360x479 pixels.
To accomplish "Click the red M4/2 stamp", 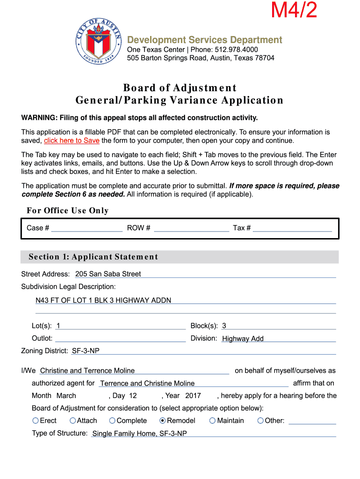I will [295, 10].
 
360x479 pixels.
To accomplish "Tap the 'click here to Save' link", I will [72, 140].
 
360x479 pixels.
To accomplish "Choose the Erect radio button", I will [36, 421].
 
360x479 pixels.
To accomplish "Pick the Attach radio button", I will [72, 421].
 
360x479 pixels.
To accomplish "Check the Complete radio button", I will [112, 421].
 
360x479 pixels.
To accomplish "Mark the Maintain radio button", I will [212, 421].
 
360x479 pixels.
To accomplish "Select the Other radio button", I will [260, 421].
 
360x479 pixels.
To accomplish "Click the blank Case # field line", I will [86, 228].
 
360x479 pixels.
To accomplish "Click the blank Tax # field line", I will [292, 228].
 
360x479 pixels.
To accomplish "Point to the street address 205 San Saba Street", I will [108, 274].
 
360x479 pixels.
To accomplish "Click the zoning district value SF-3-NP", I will [86, 351].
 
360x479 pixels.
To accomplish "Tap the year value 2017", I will [193, 396].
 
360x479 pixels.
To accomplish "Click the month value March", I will [66, 396].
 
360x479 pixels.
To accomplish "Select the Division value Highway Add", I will [243, 339].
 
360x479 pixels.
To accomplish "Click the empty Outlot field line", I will [120, 339].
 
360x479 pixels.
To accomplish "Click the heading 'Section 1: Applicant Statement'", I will [94, 257].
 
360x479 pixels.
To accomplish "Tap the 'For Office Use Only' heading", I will [68, 210].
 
